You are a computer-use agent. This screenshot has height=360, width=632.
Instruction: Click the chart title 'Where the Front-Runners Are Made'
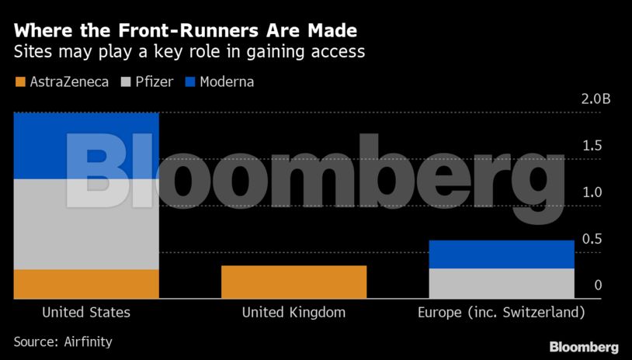coord(186,32)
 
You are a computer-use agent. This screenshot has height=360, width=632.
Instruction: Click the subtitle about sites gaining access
coord(189,53)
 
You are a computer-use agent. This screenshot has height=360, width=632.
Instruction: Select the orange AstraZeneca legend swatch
coord(20,81)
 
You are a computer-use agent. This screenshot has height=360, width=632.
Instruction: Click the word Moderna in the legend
coord(227,81)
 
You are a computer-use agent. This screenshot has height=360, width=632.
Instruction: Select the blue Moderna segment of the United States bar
coord(86,146)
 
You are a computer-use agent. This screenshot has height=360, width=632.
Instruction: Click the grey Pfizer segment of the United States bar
coord(86,224)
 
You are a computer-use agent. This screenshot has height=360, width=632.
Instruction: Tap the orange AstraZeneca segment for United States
coord(86,283)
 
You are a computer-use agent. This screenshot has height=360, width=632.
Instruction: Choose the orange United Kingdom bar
coord(293,282)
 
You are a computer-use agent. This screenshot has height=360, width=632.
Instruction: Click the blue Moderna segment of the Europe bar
coord(502,254)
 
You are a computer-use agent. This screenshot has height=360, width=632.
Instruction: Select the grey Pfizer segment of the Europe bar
coord(502,283)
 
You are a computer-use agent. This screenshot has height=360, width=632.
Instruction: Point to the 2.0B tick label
coord(597,99)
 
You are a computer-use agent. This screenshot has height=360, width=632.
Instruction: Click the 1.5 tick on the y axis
coord(593,146)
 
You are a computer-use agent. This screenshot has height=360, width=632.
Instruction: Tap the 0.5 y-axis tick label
coord(593,239)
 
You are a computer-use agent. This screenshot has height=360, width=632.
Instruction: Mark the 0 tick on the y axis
coord(598,286)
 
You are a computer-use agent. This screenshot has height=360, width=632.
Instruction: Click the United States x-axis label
coord(86,313)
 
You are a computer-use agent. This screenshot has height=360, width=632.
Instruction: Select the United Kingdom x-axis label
coord(293,313)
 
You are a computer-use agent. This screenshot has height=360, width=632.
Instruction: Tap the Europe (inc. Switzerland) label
coord(501,313)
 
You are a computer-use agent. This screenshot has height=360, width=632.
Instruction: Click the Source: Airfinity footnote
coord(63,341)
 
